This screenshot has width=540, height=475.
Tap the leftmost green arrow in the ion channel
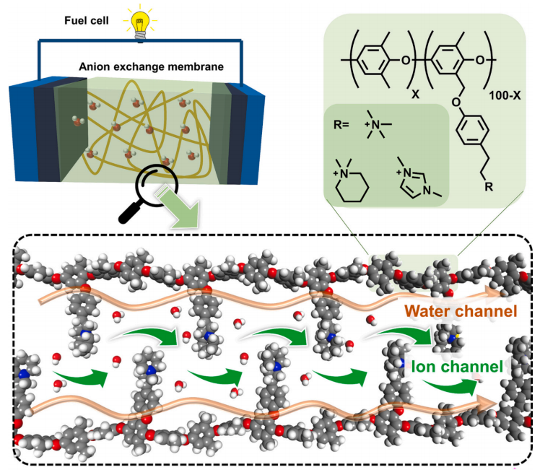[80, 375]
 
